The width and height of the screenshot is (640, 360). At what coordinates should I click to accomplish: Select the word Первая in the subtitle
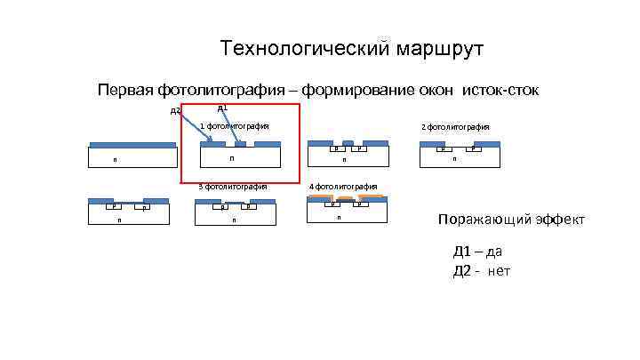pyautogui.click(x=124, y=90)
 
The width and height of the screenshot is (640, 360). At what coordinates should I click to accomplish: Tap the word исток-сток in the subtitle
pyautogui.click(x=500, y=90)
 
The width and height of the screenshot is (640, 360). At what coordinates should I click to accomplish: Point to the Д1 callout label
pyautogui.click(x=222, y=108)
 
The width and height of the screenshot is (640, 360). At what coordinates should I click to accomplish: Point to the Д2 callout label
pyautogui.click(x=175, y=111)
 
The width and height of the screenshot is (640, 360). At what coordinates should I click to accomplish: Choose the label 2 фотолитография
pyautogui.click(x=455, y=126)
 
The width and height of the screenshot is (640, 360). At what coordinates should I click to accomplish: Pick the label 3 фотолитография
pyautogui.click(x=234, y=187)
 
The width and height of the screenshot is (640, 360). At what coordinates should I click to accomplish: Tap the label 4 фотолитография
pyautogui.click(x=343, y=187)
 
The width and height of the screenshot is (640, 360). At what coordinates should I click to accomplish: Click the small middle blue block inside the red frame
pyautogui.click(x=240, y=144)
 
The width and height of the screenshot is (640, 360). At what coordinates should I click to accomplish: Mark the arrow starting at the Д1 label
pyautogui.click(x=230, y=127)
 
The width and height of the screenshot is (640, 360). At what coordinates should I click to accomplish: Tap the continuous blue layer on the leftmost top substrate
pyautogui.click(x=132, y=144)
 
